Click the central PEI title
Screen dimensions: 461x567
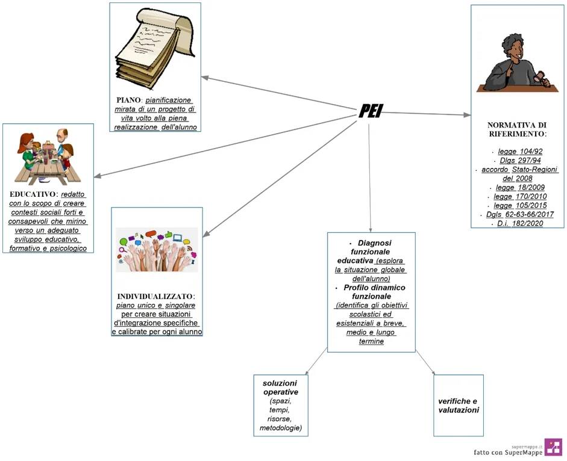pos(371,111)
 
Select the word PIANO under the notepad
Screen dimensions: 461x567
pos(129,100)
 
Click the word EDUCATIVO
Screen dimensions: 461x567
pos(34,195)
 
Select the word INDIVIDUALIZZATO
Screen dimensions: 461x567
pos(155,297)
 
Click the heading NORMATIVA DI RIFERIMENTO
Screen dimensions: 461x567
pos(517,129)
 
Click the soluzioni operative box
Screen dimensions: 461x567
pos(280,405)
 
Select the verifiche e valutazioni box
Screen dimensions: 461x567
pos(458,405)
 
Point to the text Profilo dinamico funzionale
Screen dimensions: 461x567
pos(371,292)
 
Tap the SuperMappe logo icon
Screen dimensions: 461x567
pos(553,447)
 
